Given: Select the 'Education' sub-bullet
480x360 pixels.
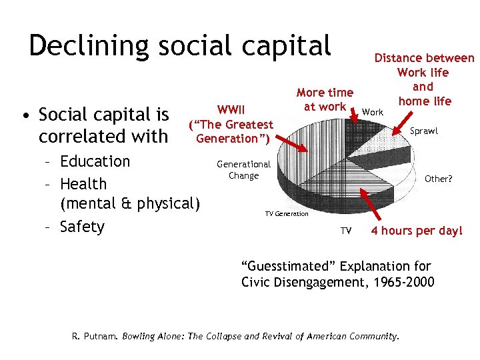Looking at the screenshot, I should pyautogui.click(x=95, y=161).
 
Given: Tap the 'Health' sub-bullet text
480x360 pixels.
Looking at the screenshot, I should pyautogui.click(x=83, y=183).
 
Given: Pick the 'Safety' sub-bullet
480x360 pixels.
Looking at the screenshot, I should pyautogui.click(x=81, y=227).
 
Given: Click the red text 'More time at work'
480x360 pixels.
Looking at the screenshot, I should pyautogui.click(x=325, y=99).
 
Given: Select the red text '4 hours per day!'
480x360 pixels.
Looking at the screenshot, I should pyautogui.click(x=416, y=231).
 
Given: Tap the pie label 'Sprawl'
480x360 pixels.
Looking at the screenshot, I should pyautogui.click(x=423, y=131).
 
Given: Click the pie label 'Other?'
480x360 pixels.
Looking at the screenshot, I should pyautogui.click(x=438, y=179).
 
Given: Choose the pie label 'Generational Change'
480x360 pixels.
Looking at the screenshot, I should pyautogui.click(x=243, y=169).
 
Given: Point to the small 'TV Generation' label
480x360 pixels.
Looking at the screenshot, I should pyautogui.click(x=287, y=213).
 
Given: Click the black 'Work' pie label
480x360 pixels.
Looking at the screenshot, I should pyautogui.click(x=373, y=112).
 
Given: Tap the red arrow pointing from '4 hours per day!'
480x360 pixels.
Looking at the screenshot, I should pyautogui.click(x=370, y=207).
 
